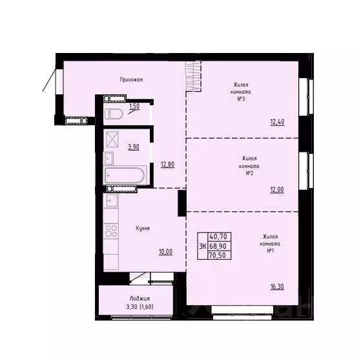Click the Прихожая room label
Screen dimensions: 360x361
pyautogui.click(x=131, y=79)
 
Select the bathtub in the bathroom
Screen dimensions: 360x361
pyautogui.click(x=123, y=175)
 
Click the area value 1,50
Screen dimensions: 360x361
pyautogui.click(x=134, y=106)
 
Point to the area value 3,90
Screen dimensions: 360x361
pyautogui.click(x=134, y=147)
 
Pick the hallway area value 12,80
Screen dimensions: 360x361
pyautogui.click(x=168, y=164)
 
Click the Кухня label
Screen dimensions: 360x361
pyautogui.click(x=143, y=228)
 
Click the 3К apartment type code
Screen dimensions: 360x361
pyautogui.click(x=202, y=246)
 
